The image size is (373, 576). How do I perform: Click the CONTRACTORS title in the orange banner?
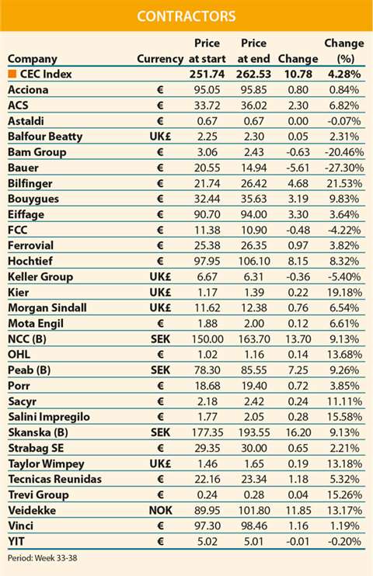pos(186,16)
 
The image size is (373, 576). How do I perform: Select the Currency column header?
pos(159,59)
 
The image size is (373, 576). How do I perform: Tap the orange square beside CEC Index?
pos(12,75)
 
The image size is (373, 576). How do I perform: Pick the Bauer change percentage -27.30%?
pos(342,168)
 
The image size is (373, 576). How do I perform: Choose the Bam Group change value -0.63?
pos(298,152)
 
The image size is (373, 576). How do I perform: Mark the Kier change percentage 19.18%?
pos(342,292)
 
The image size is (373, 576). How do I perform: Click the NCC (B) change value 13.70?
pos(298,338)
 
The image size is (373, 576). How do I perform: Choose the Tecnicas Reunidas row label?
pos(54,479)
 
